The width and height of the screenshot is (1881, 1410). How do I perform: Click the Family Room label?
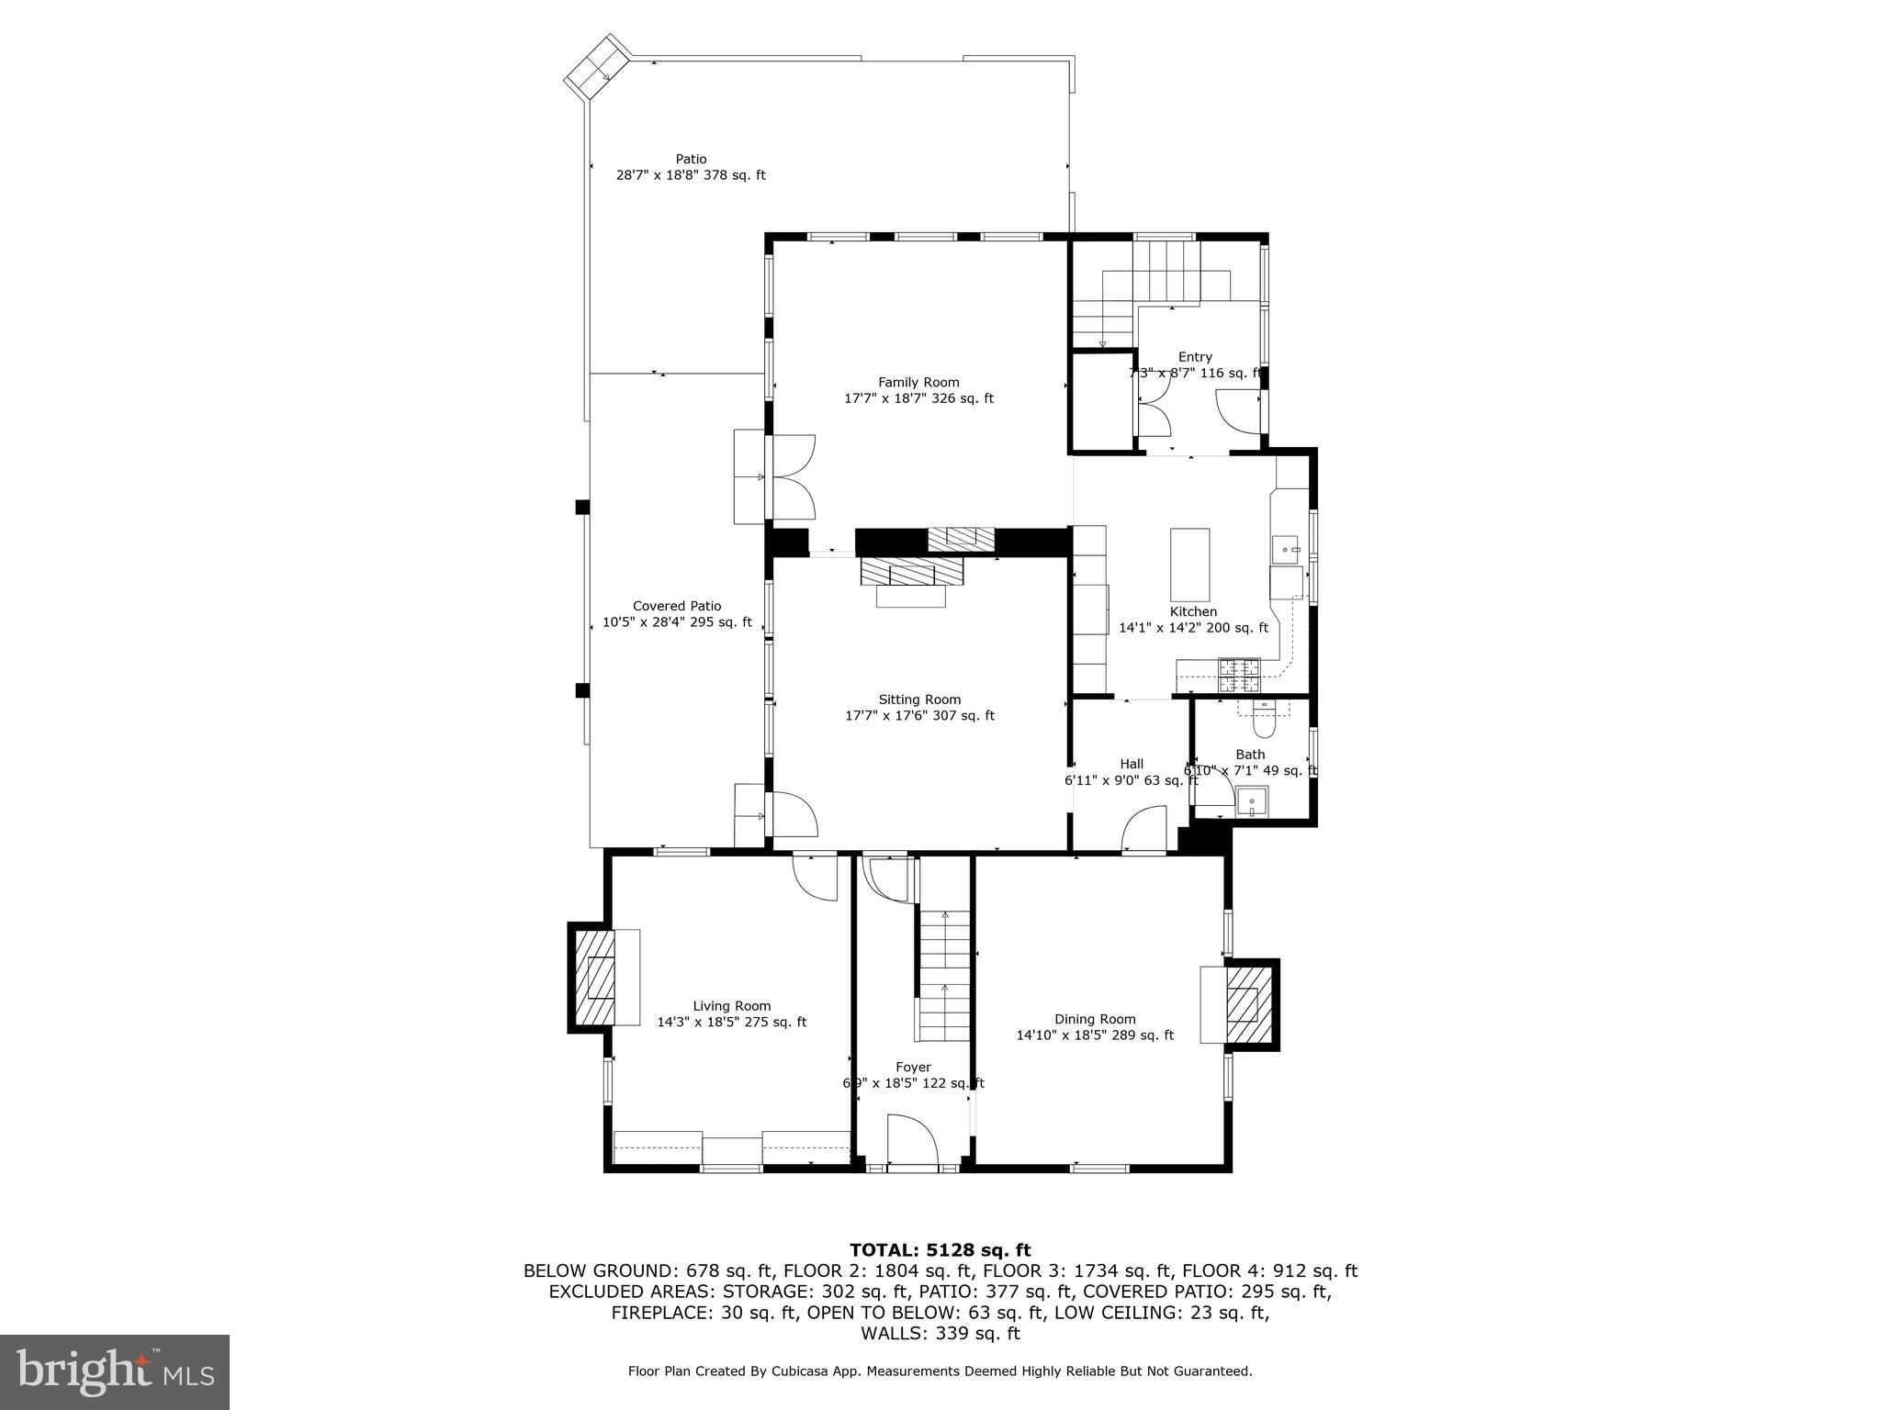click(x=918, y=382)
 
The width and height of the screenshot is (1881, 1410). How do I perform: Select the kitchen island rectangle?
click(x=1189, y=565)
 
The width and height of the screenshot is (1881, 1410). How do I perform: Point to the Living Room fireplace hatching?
click(x=594, y=978)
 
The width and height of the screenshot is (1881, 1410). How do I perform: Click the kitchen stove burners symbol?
click(x=1239, y=675)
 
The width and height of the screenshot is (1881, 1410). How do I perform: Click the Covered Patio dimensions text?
click(x=677, y=622)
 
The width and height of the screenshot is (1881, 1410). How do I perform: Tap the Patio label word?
click(x=691, y=159)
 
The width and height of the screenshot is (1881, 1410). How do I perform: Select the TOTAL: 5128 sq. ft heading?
click(x=940, y=1249)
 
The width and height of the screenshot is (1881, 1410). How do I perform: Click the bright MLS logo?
click(x=115, y=1371)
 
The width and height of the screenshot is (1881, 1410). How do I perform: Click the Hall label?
click(x=1132, y=764)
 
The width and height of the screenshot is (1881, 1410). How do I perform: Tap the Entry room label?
click(x=1195, y=357)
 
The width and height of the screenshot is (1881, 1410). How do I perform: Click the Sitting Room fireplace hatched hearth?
click(x=912, y=573)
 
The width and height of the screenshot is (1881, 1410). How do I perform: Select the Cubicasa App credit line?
click(x=940, y=1371)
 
